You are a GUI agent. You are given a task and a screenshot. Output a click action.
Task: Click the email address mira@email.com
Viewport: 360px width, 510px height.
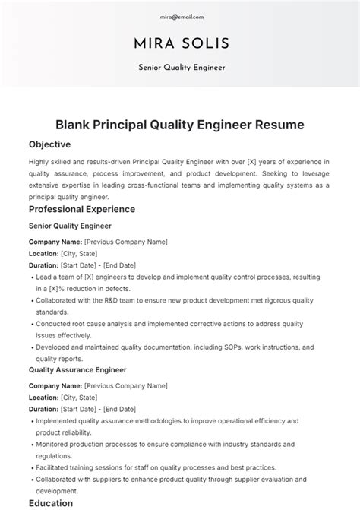[182, 16]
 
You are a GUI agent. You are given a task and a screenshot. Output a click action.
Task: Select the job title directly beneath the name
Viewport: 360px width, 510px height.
[181, 67]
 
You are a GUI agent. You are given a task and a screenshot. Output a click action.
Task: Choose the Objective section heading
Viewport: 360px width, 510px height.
[49, 144]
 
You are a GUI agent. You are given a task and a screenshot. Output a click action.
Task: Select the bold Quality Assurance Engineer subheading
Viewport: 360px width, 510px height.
[77, 370]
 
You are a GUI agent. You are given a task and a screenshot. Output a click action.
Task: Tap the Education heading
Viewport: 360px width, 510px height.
[52, 503]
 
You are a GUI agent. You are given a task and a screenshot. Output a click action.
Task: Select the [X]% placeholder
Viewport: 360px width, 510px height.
[60, 289]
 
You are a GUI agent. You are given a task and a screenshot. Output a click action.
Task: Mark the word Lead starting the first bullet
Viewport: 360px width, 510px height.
[44, 277]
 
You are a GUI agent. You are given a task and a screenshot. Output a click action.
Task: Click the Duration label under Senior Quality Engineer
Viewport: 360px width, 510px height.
[43, 265]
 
